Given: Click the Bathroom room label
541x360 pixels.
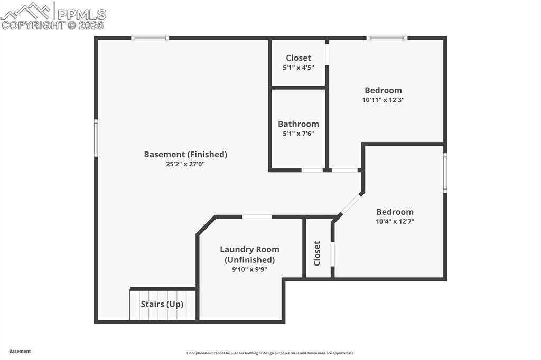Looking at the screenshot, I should pos(299,124).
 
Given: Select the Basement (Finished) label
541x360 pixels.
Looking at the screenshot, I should pos(185,154).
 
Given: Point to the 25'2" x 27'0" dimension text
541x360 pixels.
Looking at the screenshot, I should pos(185,164).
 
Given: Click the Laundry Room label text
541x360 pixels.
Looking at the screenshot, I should pos(249,249).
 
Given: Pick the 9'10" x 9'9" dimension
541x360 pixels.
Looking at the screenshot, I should pos(249,269).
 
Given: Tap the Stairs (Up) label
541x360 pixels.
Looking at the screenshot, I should pos(162,304).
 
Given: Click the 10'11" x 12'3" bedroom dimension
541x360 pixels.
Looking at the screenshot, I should pos(384,100).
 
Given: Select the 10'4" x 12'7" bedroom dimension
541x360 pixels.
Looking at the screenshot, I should pos(395,222).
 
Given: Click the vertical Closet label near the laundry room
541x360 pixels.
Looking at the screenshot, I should pos(317,253).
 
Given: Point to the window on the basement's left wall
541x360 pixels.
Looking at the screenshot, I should pos(96,138).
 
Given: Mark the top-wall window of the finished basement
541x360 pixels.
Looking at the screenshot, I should pos(150,38).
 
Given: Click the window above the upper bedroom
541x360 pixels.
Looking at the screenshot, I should pos(387,38).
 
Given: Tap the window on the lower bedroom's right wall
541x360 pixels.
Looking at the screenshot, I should pos(445,173).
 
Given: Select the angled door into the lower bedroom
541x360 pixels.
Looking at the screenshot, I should pos(350,204).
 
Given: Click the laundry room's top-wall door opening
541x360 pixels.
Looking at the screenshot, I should pos(257,216).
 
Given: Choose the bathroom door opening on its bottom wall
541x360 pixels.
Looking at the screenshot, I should pos(312,170).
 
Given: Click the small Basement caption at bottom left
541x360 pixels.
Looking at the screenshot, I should pos(20,351).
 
